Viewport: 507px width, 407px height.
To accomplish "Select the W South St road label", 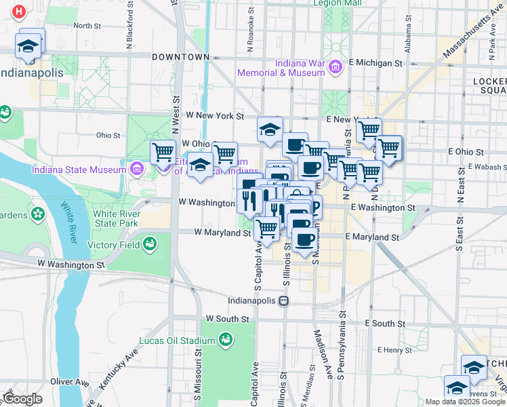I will tap(228, 318).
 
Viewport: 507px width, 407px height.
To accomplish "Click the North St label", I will tap(87, 26).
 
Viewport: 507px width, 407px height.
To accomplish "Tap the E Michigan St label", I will tap(376, 63).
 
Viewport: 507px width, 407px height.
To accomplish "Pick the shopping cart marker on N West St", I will tap(163, 153).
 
